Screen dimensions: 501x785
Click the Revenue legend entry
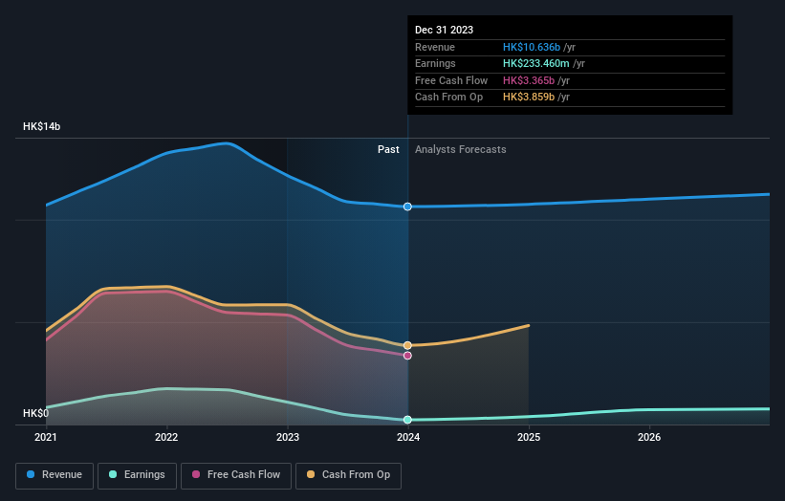pos(55,474)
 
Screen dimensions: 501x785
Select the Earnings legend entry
pos(138,474)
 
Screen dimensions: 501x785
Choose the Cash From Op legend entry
pos(348,474)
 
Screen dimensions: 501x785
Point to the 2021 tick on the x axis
pos(46,437)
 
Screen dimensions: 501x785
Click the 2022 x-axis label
pos(166,437)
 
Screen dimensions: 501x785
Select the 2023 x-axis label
pos(287,437)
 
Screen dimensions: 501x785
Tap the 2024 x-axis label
pos(408,437)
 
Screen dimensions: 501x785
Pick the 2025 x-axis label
pos(529,437)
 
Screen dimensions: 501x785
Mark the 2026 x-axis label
pos(649,437)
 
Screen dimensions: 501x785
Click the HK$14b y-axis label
pos(42,126)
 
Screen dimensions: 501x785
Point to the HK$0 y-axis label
pos(35,413)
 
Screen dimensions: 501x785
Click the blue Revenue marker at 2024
pos(408,207)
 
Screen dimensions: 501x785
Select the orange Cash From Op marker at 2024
pos(408,345)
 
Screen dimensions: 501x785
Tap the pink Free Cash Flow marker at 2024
pos(408,356)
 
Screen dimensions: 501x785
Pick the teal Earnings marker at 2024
pos(408,420)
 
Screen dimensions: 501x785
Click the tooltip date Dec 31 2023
pos(445,30)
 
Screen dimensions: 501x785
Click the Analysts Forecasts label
pos(460,149)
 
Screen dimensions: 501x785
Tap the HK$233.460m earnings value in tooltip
pos(537,64)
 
